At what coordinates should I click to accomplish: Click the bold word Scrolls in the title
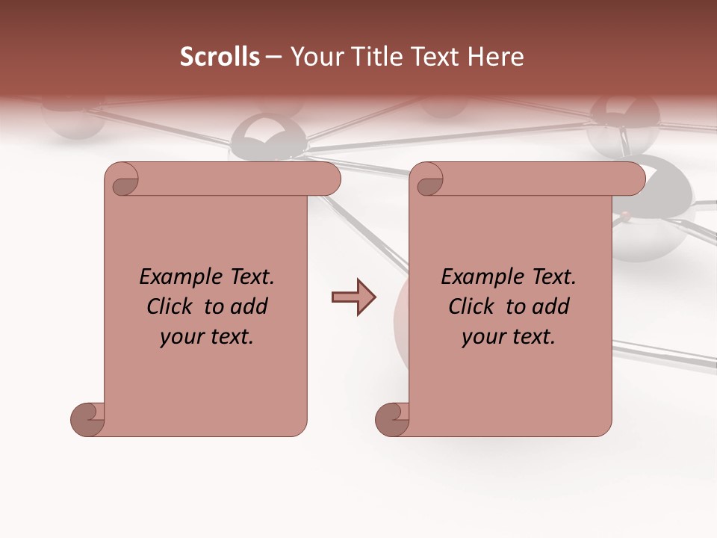click(x=220, y=57)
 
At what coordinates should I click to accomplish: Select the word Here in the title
click(x=496, y=57)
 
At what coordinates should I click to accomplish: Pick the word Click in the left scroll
click(x=171, y=307)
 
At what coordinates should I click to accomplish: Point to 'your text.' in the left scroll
click(x=207, y=337)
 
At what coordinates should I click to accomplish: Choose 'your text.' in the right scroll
click(x=509, y=337)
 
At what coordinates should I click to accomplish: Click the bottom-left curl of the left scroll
click(x=87, y=419)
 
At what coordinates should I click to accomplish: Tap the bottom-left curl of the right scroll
click(x=392, y=419)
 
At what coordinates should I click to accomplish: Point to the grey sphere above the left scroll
click(x=267, y=137)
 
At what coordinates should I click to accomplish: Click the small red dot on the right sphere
click(x=624, y=216)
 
